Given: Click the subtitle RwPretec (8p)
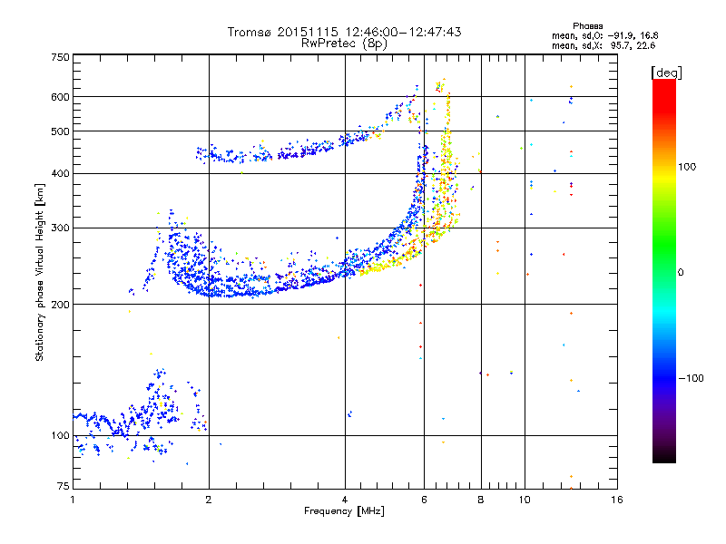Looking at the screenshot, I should (344, 43).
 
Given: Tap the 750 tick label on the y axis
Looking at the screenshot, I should (61, 57).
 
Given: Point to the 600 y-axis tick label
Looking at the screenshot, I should (61, 97).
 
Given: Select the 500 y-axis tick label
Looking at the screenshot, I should (61, 131).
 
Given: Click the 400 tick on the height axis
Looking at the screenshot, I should (61, 173).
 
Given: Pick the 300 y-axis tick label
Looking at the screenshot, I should (61, 228).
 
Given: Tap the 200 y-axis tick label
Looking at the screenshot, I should (61, 304).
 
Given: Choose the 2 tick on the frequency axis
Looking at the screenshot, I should (209, 500).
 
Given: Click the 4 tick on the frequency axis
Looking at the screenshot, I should (345, 500).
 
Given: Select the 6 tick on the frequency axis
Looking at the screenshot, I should (424, 500).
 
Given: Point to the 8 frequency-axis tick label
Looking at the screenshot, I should (480, 500).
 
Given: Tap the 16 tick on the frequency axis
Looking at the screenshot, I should (616, 500).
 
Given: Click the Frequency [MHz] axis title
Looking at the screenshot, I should (344, 511).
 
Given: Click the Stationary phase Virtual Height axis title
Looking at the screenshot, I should (40, 271).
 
